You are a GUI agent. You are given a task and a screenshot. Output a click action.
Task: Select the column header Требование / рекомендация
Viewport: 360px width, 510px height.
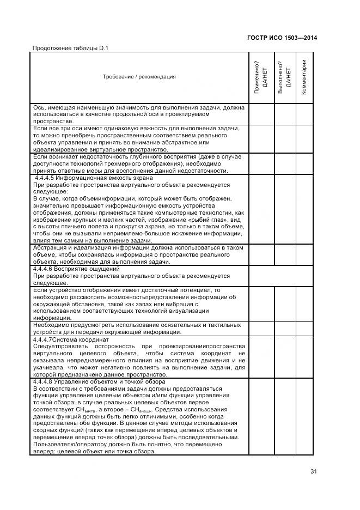(x=139, y=77)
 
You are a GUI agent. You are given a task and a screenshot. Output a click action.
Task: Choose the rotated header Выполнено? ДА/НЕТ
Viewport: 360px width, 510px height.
(x=284, y=77)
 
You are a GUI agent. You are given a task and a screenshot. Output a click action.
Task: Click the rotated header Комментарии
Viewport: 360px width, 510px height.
(x=304, y=77)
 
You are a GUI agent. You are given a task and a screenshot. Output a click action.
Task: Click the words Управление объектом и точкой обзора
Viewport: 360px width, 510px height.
(x=112, y=382)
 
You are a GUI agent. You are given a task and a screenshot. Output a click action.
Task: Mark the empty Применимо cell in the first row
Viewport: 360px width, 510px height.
(x=261, y=114)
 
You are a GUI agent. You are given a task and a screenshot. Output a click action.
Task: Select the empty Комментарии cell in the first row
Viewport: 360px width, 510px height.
(x=304, y=114)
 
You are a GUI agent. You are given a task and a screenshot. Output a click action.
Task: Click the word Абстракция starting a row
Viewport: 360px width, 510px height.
(x=52, y=247)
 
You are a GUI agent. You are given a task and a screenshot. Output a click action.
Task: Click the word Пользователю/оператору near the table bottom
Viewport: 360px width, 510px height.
(x=68, y=445)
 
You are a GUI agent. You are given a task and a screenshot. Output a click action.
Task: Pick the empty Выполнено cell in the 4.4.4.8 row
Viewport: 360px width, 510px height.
(x=284, y=417)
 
